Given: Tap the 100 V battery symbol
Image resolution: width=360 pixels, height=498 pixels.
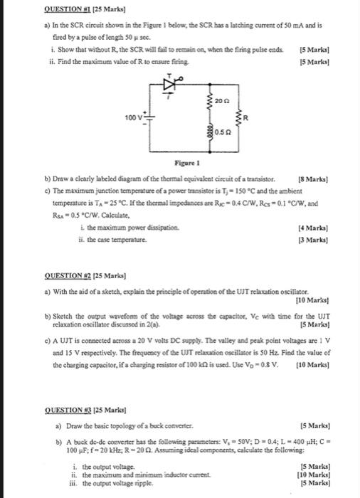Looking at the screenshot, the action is point(149,117).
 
